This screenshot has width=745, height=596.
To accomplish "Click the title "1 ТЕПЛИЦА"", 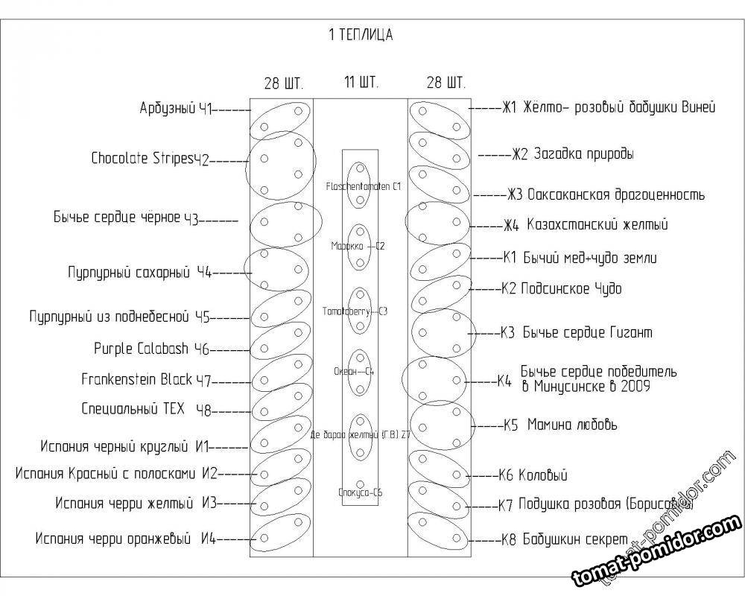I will [360, 34].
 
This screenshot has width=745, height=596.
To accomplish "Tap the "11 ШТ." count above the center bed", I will [361, 81].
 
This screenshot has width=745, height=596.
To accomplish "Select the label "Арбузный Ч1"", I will [177, 109].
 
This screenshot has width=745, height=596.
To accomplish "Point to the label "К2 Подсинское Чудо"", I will [561, 288].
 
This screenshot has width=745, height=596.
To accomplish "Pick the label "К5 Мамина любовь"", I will [559, 425].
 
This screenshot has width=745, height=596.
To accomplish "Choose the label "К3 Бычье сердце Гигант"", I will [577, 332].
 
